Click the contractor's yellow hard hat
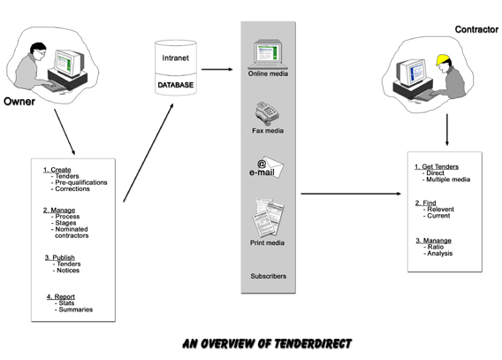[443, 59]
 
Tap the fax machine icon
[267, 113]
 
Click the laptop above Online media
[268, 54]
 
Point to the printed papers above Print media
[268, 218]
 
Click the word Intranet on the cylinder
[176, 58]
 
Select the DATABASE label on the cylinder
[176, 85]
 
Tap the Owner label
[19, 102]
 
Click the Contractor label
[476, 29]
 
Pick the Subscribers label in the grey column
[269, 276]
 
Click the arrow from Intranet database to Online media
[217, 69]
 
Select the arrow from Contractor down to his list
[447, 130]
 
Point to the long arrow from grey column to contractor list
[351, 194]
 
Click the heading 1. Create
[57, 170]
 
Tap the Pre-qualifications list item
[81, 182]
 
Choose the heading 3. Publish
[60, 257]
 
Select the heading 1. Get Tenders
[437, 166]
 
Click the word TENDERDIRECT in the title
[313, 344]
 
